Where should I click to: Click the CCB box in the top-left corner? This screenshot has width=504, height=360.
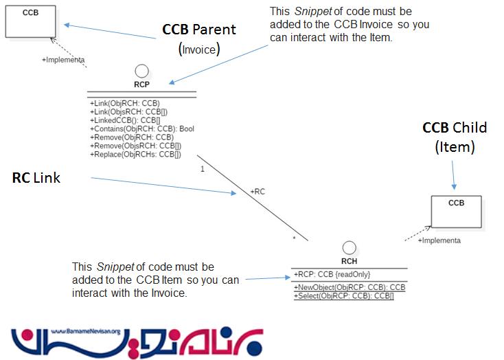[30, 21]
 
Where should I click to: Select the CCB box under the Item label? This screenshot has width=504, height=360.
[456, 211]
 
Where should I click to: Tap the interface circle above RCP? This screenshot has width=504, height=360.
[142, 70]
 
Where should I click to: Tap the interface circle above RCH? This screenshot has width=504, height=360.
[349, 249]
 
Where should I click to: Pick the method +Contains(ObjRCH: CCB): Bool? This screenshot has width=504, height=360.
[142, 128]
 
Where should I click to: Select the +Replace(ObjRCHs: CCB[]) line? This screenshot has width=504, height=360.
[135, 154]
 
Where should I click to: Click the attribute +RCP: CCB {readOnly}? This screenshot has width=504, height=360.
[327, 274]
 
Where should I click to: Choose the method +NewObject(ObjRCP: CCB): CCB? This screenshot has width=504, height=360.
[350, 287]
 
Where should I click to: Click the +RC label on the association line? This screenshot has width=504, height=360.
[257, 192]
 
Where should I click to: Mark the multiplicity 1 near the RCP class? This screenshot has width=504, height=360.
[201, 168]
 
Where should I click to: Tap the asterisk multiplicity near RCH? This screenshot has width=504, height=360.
[295, 238]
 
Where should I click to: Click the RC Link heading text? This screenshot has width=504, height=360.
[36, 178]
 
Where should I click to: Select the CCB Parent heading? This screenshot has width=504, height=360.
[198, 30]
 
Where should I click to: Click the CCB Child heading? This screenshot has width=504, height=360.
[454, 128]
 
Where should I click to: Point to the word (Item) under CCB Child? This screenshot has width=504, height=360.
[455, 146]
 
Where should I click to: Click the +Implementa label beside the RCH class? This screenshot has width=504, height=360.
[439, 240]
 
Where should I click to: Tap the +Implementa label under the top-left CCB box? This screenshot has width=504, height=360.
[63, 60]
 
